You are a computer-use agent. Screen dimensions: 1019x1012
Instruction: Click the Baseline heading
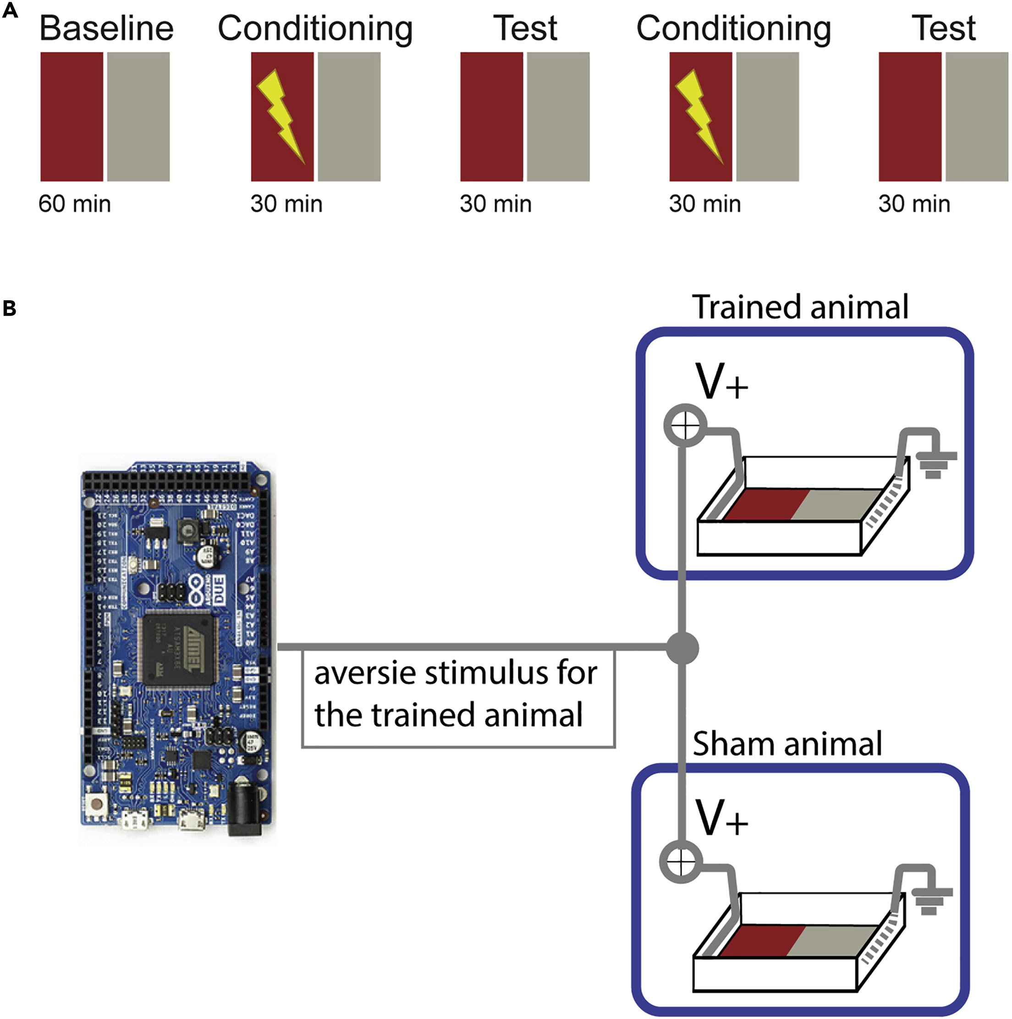click(x=106, y=28)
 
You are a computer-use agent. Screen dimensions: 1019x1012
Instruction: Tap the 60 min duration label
click(x=74, y=204)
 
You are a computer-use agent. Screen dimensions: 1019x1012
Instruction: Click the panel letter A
click(x=10, y=11)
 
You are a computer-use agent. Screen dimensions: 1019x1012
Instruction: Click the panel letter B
click(x=9, y=308)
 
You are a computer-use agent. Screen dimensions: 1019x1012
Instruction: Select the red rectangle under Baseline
click(x=72, y=116)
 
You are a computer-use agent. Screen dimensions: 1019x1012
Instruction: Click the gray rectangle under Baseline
click(x=138, y=116)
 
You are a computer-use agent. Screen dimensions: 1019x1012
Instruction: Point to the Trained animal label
click(x=800, y=307)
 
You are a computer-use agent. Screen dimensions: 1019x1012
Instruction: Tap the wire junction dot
click(x=682, y=648)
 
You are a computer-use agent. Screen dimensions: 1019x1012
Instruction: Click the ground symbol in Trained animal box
click(x=933, y=464)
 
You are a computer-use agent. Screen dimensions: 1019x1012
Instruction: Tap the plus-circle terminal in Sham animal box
click(x=681, y=862)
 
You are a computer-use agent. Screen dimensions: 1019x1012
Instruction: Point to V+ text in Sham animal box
click(x=721, y=818)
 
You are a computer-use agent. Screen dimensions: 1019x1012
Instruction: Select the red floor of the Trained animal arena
click(x=765, y=505)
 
